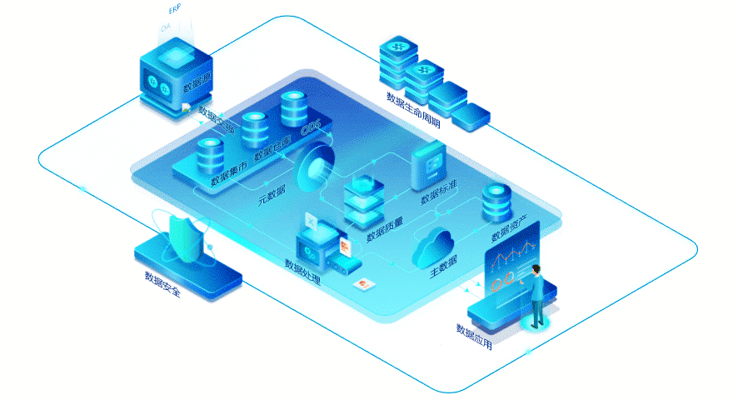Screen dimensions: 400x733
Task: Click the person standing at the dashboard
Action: [x=538, y=296]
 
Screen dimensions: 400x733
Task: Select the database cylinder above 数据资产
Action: [x=496, y=202]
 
